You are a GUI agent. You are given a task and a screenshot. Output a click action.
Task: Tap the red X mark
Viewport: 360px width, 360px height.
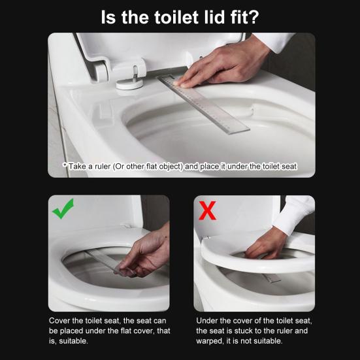coord(208,210)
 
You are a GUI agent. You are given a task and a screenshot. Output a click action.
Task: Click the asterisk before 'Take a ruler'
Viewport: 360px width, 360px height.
coord(65,166)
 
